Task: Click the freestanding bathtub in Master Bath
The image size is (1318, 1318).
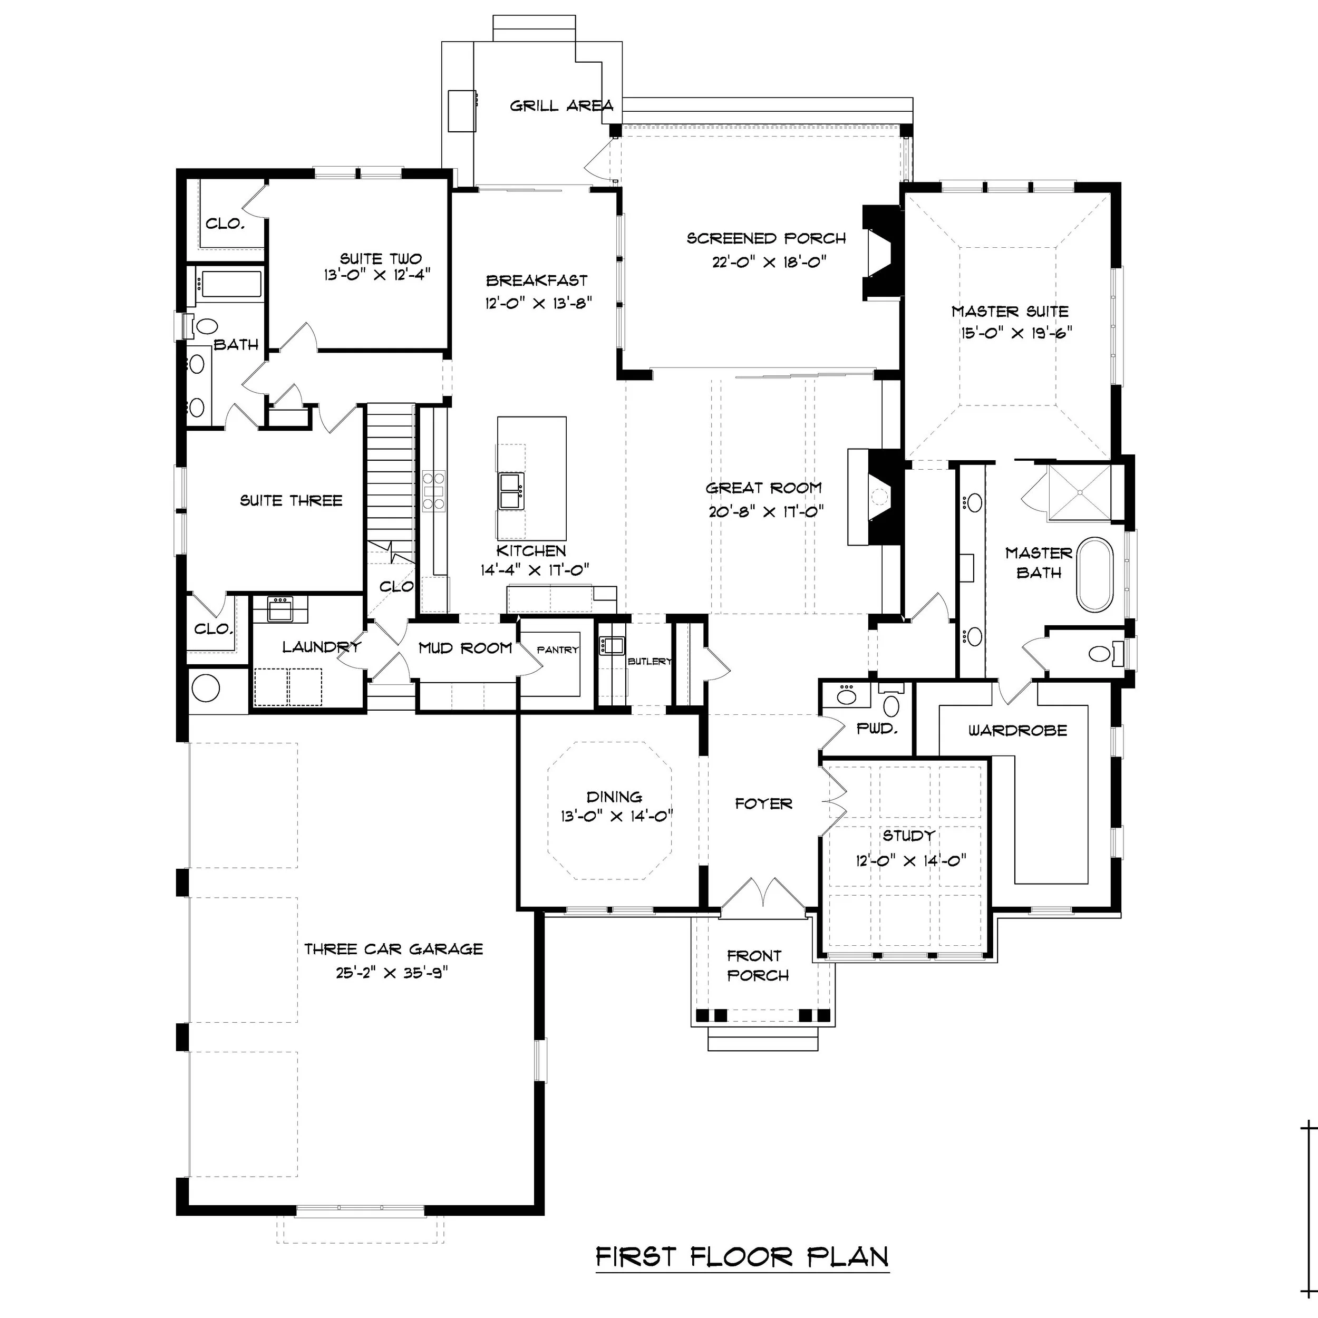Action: [x=1094, y=575]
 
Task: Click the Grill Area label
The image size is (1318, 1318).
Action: [x=561, y=106]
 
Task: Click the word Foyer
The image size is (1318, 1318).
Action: [x=763, y=803]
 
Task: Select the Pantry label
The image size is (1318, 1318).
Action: [x=557, y=650]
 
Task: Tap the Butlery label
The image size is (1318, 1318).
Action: [x=650, y=661]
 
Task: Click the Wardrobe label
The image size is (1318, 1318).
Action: [x=1017, y=731]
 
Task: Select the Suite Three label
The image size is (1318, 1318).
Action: [x=290, y=501]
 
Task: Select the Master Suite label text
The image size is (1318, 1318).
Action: [x=1010, y=311]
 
